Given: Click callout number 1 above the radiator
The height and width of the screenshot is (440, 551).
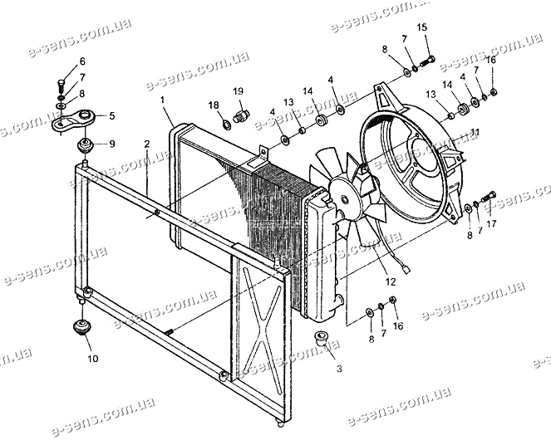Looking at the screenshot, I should [163, 100].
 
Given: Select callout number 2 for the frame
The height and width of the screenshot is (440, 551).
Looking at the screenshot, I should [146, 144].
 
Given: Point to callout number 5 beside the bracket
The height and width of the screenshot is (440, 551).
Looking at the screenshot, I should [112, 115].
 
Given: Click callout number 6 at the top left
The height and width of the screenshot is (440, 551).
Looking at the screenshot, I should [82, 62].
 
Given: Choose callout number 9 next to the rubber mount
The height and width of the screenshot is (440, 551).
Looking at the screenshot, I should [113, 143].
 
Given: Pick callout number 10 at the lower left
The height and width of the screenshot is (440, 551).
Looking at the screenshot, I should [91, 359].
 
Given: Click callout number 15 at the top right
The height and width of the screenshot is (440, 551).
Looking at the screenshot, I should [423, 27].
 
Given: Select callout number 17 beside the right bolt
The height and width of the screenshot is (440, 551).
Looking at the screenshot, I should [492, 222].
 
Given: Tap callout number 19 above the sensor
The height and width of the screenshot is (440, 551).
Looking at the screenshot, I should [237, 90].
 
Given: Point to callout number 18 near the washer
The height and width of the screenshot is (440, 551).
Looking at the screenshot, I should [214, 105].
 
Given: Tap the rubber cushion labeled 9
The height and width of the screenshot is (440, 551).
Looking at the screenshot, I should [83, 147].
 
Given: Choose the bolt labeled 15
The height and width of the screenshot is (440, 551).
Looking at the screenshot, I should [429, 58].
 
